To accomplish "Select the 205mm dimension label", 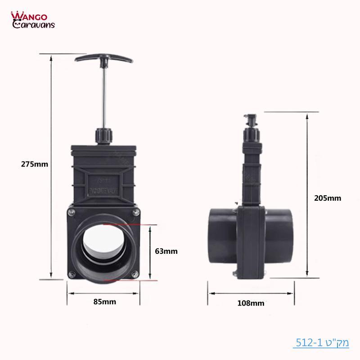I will point(328,198).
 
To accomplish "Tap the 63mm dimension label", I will point(166,251).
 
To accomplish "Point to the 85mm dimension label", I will point(104,301).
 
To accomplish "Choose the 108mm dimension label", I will point(251,303).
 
